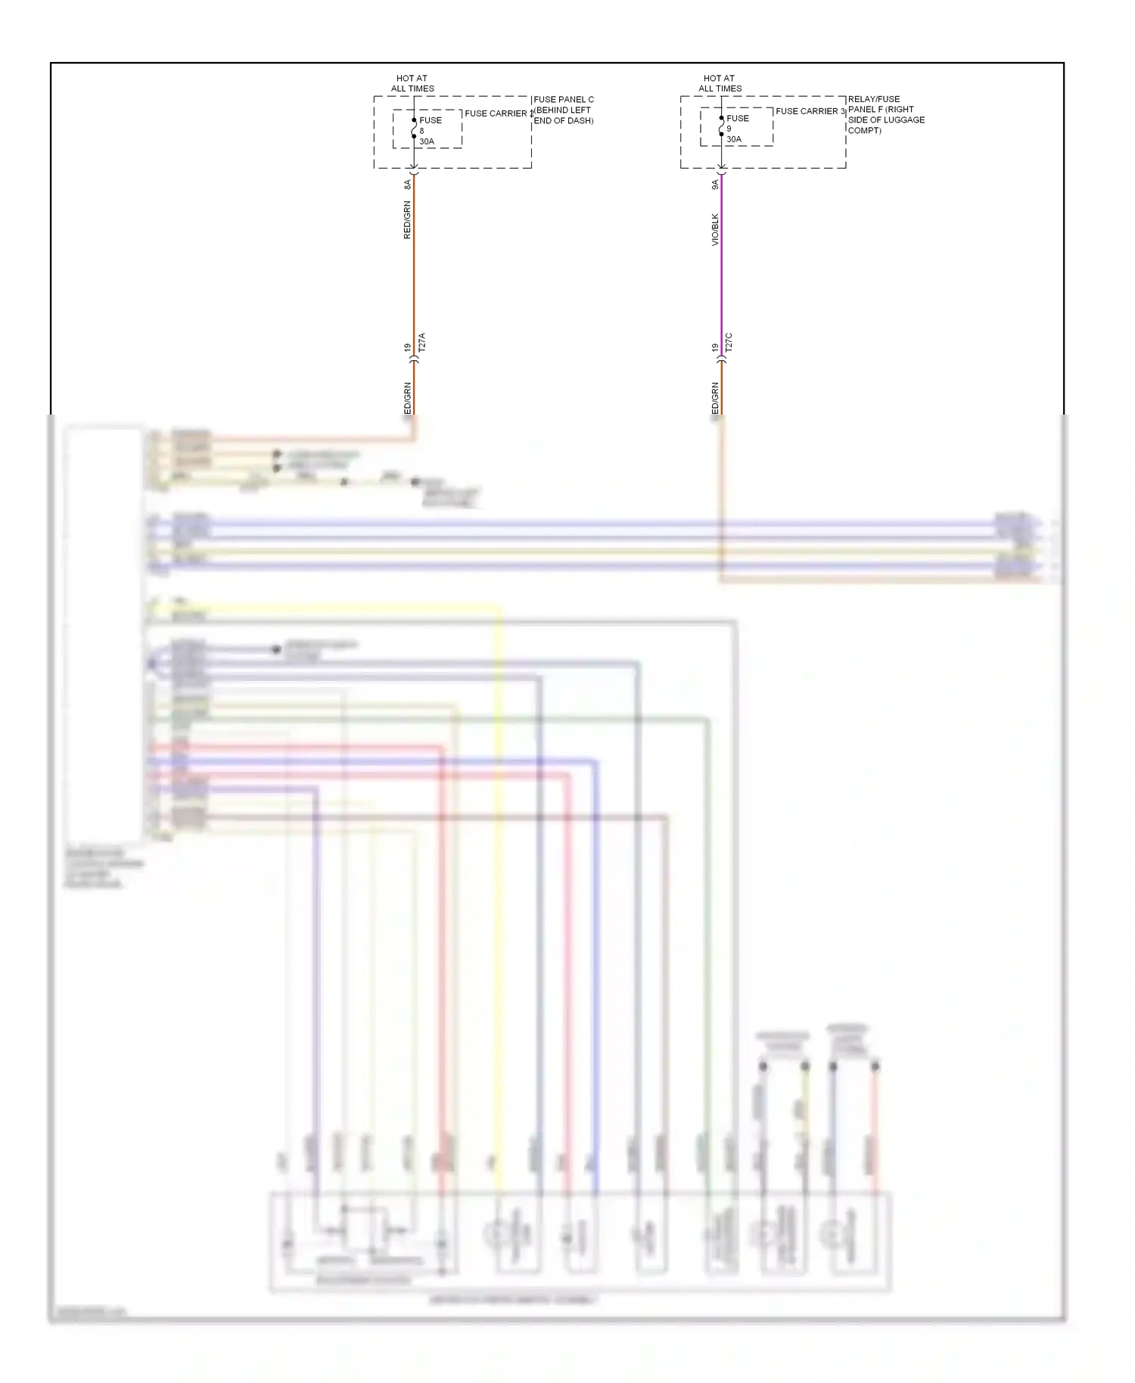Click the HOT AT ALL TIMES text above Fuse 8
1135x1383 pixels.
pyautogui.click(x=412, y=83)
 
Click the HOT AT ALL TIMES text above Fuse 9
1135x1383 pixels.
pyautogui.click(x=720, y=83)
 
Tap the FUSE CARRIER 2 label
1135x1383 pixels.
pyautogui.click(x=497, y=113)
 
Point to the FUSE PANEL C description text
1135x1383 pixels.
pyautogui.click(x=564, y=110)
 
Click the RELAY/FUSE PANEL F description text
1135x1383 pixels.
pyautogui.click(x=886, y=114)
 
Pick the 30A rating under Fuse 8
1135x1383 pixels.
pyautogui.click(x=427, y=141)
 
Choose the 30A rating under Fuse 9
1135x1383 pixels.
pyautogui.click(x=734, y=139)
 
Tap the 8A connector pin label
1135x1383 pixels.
pyautogui.click(x=407, y=184)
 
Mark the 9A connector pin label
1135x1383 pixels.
pyautogui.click(x=714, y=184)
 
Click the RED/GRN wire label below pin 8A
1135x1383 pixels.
pyautogui.click(x=407, y=220)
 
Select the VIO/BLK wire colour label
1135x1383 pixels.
pyautogui.click(x=714, y=229)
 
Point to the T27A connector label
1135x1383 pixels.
pyautogui.click(x=422, y=342)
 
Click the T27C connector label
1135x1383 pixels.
pyautogui.click(x=729, y=342)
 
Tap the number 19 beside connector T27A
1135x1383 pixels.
pyautogui.click(x=407, y=347)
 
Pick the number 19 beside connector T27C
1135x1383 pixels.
pyautogui.click(x=714, y=347)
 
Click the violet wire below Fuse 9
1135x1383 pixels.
pyautogui.click(x=721, y=265)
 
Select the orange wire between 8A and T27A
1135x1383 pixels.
pyautogui.click(x=414, y=265)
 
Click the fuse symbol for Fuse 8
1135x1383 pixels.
pyautogui.click(x=414, y=129)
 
